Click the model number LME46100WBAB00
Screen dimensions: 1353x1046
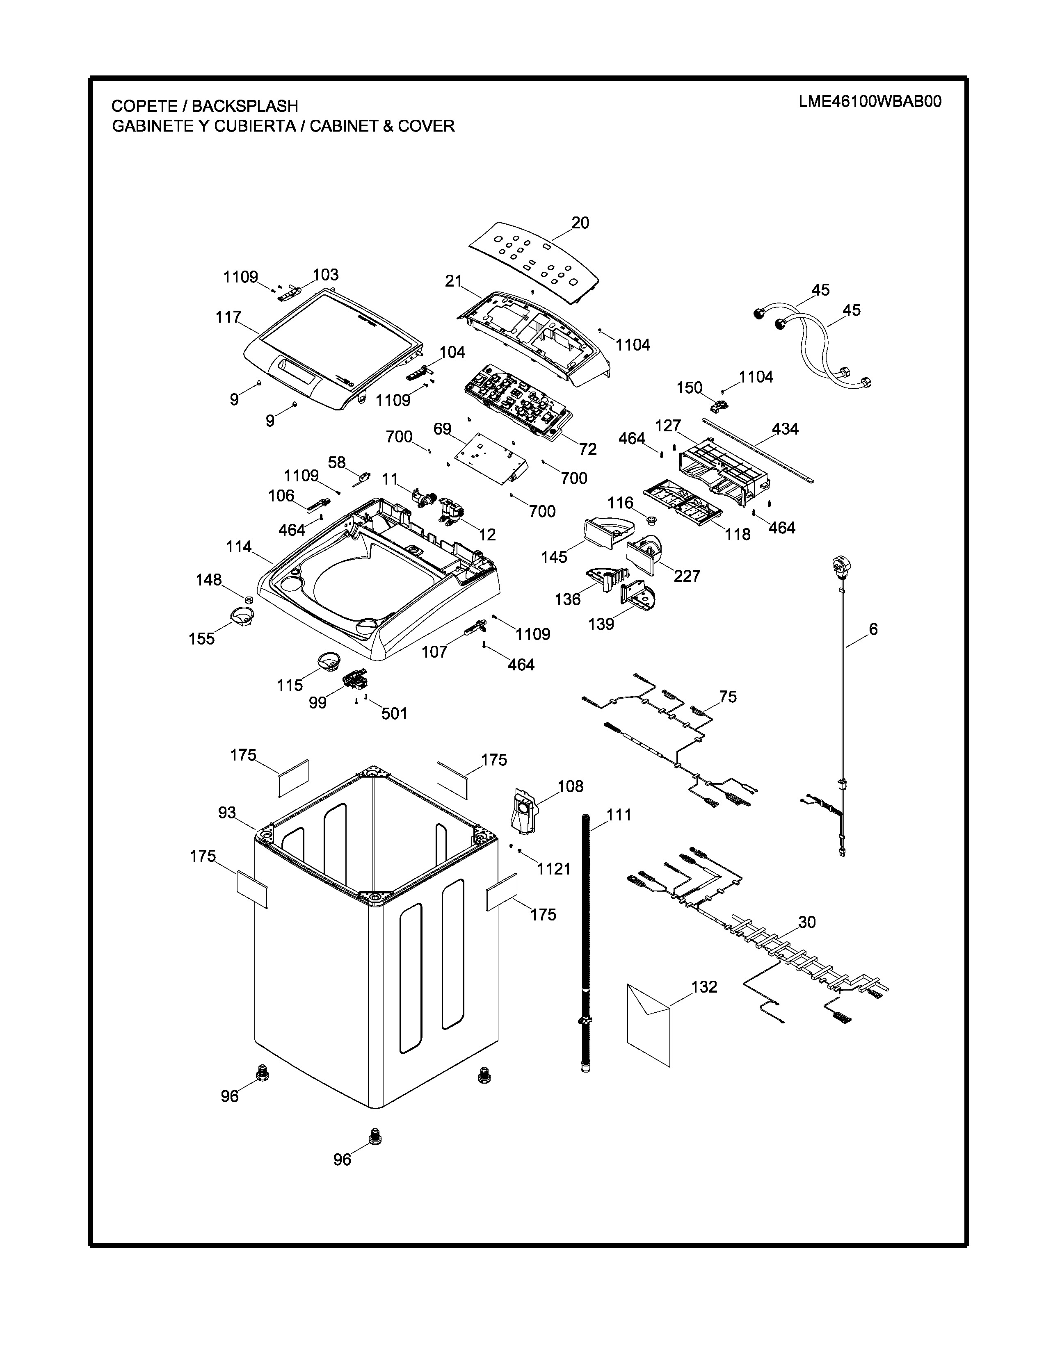(x=869, y=102)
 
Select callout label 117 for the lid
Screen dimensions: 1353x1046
(x=228, y=317)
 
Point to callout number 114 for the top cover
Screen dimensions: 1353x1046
(x=239, y=547)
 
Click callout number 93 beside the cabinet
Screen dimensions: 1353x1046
(x=227, y=812)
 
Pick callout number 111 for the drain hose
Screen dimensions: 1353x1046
(x=619, y=815)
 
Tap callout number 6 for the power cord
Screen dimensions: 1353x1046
(x=873, y=629)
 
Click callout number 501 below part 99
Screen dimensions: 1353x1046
(x=394, y=714)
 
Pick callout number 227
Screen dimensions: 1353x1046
(x=687, y=576)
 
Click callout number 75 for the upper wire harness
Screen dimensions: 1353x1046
(x=728, y=697)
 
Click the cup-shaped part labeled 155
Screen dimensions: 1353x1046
(x=242, y=616)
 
